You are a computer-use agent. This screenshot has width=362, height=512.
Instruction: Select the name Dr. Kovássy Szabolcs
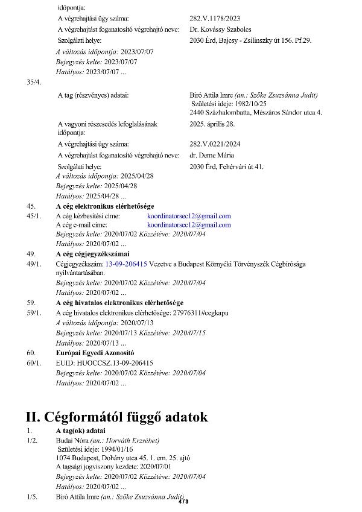point(220,29)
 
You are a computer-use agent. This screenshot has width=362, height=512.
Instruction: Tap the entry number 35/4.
point(34,82)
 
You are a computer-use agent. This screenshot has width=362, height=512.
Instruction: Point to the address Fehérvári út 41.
point(226,166)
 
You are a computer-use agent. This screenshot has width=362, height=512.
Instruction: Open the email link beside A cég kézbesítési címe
point(189,216)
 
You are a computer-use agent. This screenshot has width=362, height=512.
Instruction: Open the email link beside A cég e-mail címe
point(189,224)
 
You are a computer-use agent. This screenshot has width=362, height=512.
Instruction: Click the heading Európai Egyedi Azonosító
point(95,352)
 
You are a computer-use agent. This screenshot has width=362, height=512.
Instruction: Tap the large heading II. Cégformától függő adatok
point(116,417)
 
